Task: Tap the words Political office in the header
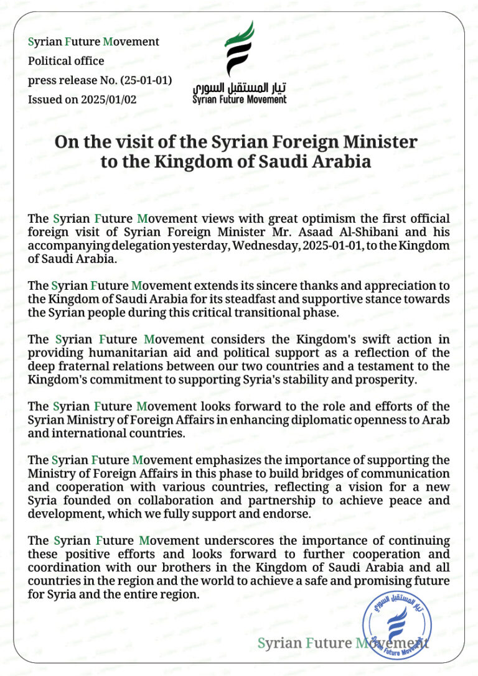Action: [66, 61]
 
